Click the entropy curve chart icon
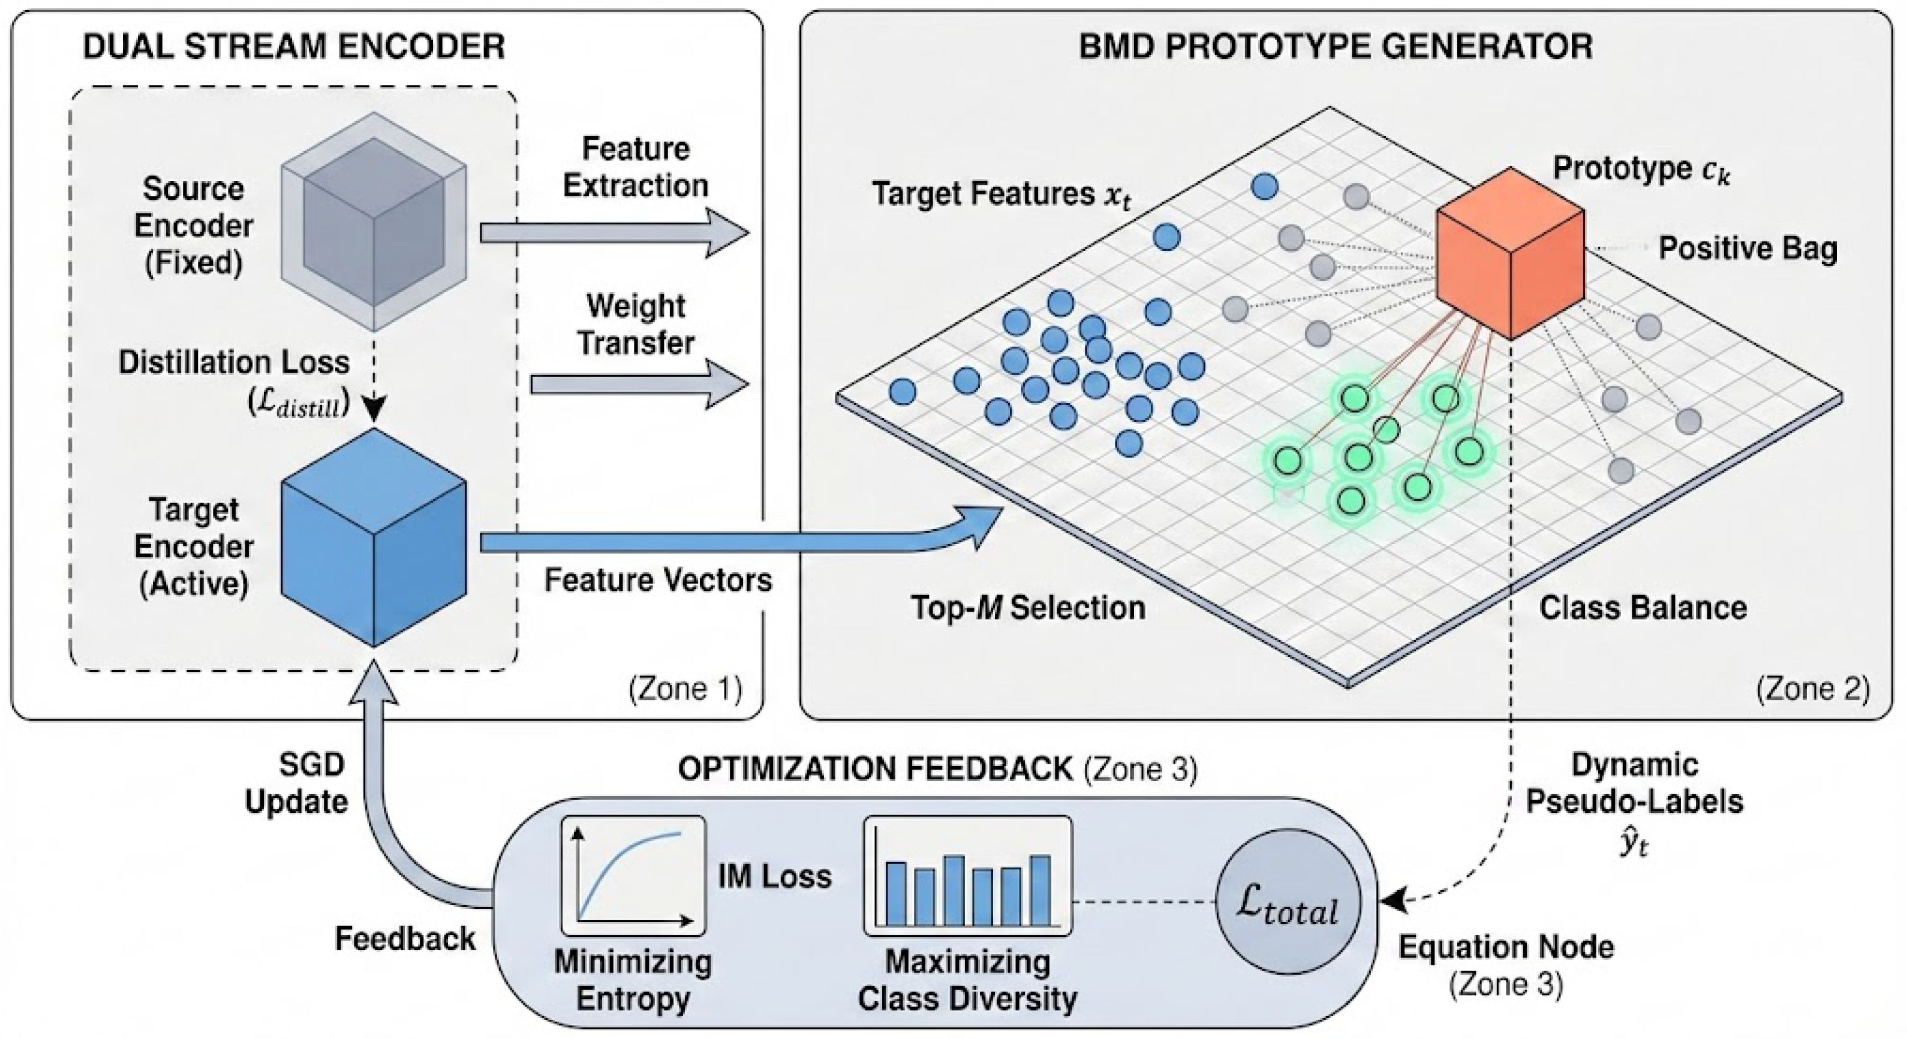click(x=633, y=876)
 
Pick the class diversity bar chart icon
click(x=967, y=876)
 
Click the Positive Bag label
click(x=1747, y=248)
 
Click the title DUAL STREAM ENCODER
click(x=294, y=46)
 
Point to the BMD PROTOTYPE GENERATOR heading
click(x=1335, y=46)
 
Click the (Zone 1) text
click(x=685, y=689)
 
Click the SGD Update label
click(x=297, y=783)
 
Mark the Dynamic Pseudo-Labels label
click(x=1635, y=783)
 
